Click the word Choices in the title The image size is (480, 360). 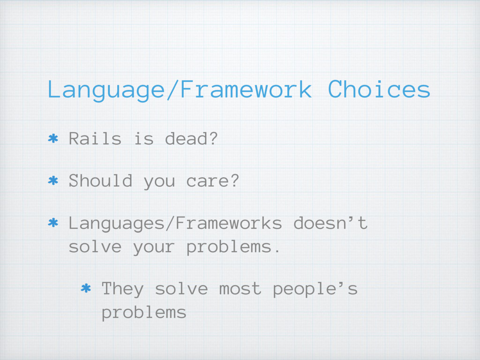point(379,89)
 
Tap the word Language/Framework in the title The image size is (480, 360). point(180,90)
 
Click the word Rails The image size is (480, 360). point(95,138)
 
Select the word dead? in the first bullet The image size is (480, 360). point(191,138)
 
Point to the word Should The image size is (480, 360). point(100,180)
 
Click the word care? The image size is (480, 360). point(213,181)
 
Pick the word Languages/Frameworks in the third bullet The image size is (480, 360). point(175,223)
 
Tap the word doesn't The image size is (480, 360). point(330,223)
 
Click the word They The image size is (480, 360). point(122,289)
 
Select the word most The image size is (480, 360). point(240,289)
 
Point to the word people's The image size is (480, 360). point(315,289)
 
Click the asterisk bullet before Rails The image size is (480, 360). point(53,138)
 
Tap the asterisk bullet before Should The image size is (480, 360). point(53,180)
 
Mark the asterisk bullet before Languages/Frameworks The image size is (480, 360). point(53,223)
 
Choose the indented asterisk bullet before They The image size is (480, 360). point(86,288)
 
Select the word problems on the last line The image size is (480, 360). point(144,313)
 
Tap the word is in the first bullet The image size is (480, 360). point(144,138)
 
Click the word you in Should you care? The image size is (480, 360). point(159,182)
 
